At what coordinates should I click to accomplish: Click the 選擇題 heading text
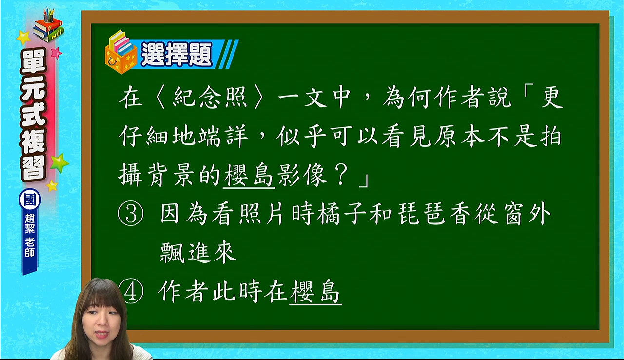click(176, 54)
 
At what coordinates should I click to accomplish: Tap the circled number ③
click(131, 214)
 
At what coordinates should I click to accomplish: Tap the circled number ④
click(133, 291)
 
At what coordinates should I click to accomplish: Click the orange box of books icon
click(121, 52)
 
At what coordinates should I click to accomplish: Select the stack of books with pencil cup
click(48, 25)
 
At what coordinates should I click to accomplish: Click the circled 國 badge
click(30, 200)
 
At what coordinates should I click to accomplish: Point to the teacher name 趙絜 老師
click(30, 235)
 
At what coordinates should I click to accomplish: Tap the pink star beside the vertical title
click(56, 53)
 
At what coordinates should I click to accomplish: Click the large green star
click(59, 163)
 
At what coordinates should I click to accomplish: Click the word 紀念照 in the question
click(210, 97)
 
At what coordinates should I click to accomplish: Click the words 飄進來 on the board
click(198, 253)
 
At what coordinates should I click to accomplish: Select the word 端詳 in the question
click(223, 137)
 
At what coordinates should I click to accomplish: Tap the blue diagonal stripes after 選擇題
click(228, 54)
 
